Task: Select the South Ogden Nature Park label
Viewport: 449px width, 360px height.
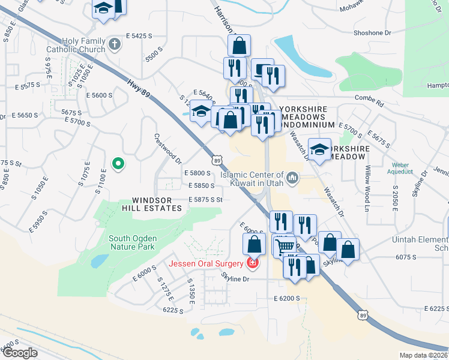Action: coord(131,242)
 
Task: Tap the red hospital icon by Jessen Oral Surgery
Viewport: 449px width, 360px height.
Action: coord(253,263)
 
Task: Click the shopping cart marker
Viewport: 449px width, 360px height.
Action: coord(286,245)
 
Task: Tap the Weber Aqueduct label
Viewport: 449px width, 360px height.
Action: coord(400,168)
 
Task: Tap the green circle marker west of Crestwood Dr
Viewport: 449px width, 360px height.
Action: coord(118,163)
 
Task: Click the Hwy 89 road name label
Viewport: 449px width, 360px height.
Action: coord(137,89)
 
